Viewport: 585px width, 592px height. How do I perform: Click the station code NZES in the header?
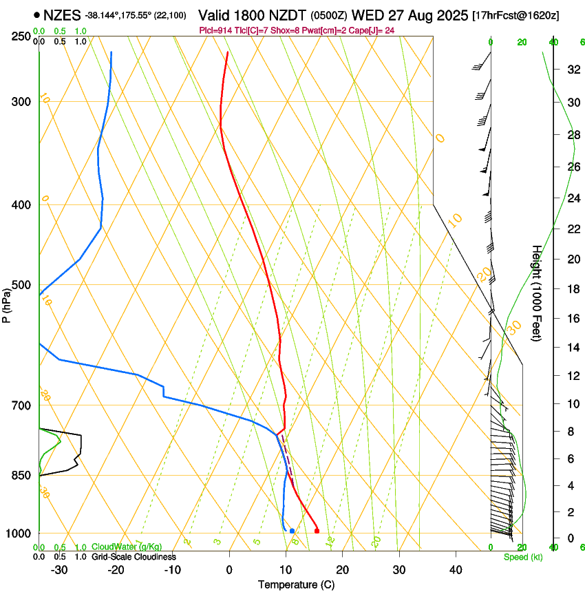[62, 15]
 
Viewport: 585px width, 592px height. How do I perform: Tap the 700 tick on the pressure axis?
[21, 405]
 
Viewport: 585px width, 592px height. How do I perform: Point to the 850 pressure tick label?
[21, 476]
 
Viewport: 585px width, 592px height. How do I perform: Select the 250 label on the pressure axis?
[21, 36]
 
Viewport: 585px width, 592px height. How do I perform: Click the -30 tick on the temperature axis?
[59, 570]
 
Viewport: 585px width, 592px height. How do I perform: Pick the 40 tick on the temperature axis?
[455, 570]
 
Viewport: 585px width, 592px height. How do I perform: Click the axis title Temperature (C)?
[295, 584]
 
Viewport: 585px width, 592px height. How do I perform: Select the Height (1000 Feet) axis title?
[537, 293]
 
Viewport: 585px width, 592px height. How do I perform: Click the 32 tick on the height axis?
[554, 69]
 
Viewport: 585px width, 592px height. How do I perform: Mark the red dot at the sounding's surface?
[317, 531]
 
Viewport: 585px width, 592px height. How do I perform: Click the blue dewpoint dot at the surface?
[292, 531]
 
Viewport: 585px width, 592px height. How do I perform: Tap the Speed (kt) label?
[522, 557]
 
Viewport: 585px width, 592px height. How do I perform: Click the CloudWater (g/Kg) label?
[127, 547]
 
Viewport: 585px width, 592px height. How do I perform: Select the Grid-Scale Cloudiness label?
[134, 557]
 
